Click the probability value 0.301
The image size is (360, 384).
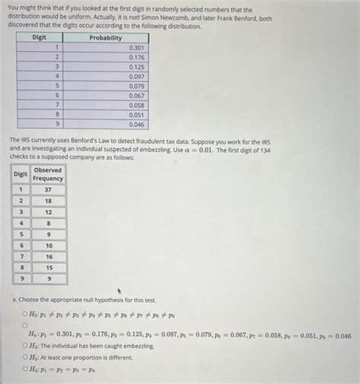tap(137, 47)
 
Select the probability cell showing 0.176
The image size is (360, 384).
tap(137, 57)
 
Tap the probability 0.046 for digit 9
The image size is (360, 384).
tap(137, 123)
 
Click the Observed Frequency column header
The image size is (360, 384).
tap(49, 174)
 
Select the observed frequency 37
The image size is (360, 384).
tap(49, 189)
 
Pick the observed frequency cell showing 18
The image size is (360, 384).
tap(49, 201)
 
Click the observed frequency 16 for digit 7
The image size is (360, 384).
tap(49, 257)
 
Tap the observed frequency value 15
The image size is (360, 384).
tap(49, 268)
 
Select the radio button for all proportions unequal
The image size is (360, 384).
tap(26, 313)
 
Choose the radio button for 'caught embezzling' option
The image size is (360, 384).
tap(26, 345)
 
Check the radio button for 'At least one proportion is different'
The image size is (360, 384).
tap(26, 356)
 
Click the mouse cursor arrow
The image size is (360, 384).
tap(119, 291)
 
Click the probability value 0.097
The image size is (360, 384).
tap(137, 76)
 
